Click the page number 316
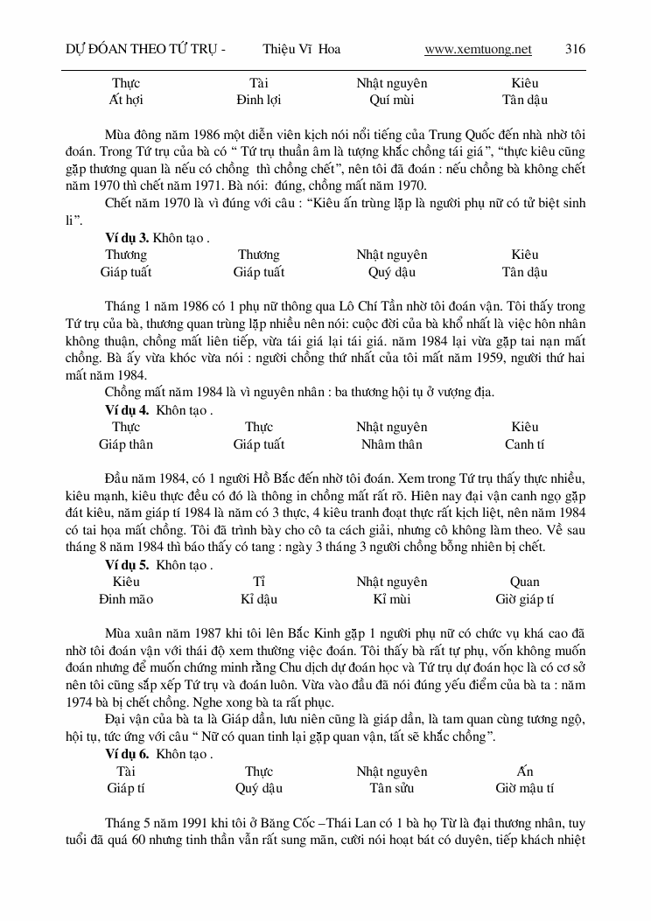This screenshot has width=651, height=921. [575, 49]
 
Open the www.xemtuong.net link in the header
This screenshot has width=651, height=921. [478, 49]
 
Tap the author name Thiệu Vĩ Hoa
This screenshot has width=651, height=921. [301, 49]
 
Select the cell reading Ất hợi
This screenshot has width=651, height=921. [126, 100]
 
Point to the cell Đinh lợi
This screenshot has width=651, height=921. [259, 100]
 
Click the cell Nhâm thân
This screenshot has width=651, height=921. [392, 444]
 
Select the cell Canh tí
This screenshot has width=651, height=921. [525, 444]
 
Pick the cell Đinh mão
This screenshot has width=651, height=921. [126, 599]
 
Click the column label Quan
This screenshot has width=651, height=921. [525, 582]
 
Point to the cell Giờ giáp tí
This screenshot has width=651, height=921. [525, 599]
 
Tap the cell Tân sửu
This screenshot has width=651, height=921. [392, 788]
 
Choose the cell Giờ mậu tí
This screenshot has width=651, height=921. [525, 788]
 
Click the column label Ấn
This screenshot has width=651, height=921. [525, 771]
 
